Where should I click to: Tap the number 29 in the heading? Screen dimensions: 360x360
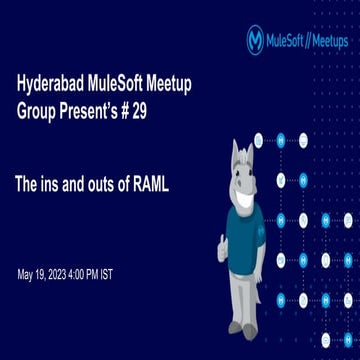click(139, 112)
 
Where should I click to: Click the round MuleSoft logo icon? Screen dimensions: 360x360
click(256, 40)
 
